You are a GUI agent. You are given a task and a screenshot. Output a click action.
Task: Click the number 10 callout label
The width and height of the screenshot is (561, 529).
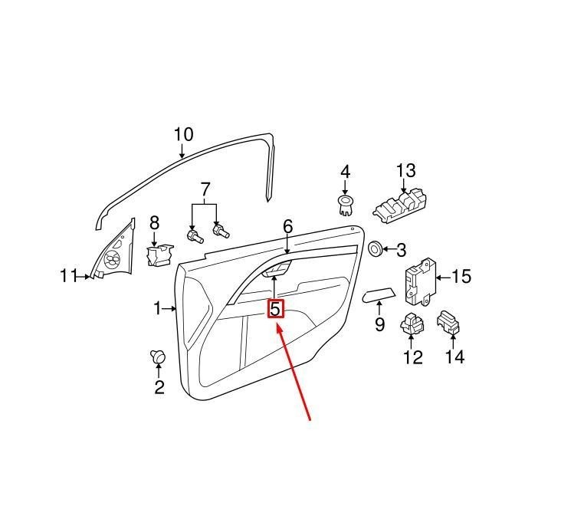click(183, 135)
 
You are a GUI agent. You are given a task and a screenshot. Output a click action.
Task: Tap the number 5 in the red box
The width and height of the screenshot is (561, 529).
click(275, 308)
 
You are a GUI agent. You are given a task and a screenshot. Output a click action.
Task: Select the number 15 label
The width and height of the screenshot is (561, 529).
click(461, 277)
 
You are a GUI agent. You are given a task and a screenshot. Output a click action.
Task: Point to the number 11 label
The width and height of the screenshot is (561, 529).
click(68, 276)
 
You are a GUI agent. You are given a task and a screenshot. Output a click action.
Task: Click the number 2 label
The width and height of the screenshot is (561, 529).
click(159, 387)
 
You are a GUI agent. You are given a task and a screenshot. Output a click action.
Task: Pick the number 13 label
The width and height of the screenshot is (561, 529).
click(406, 170)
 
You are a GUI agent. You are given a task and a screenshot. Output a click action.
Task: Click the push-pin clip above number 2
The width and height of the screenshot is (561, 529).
click(158, 356)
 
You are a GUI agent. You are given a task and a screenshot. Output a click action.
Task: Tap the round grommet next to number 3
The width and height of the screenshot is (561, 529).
click(376, 248)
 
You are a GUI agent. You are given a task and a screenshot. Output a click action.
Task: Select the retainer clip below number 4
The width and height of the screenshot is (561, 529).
click(345, 205)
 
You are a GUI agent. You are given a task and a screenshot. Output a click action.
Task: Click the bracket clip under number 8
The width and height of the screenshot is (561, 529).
click(159, 255)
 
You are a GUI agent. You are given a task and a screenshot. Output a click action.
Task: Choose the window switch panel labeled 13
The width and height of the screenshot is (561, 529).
click(400, 207)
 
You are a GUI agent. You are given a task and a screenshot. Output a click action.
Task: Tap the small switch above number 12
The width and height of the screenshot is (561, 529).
click(412, 324)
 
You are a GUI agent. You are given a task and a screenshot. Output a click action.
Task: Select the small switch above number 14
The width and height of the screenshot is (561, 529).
click(448, 323)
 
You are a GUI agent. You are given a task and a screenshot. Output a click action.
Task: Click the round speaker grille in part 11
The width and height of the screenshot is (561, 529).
click(113, 259)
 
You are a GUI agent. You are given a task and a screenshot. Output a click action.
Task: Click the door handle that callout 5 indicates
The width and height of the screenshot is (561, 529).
click(277, 269)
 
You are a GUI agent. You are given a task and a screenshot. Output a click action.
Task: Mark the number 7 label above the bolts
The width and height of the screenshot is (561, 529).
click(205, 189)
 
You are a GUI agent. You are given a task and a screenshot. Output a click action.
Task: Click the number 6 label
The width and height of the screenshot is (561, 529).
click(288, 227)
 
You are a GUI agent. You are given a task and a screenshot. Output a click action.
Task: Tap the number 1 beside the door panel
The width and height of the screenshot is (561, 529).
click(158, 308)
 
